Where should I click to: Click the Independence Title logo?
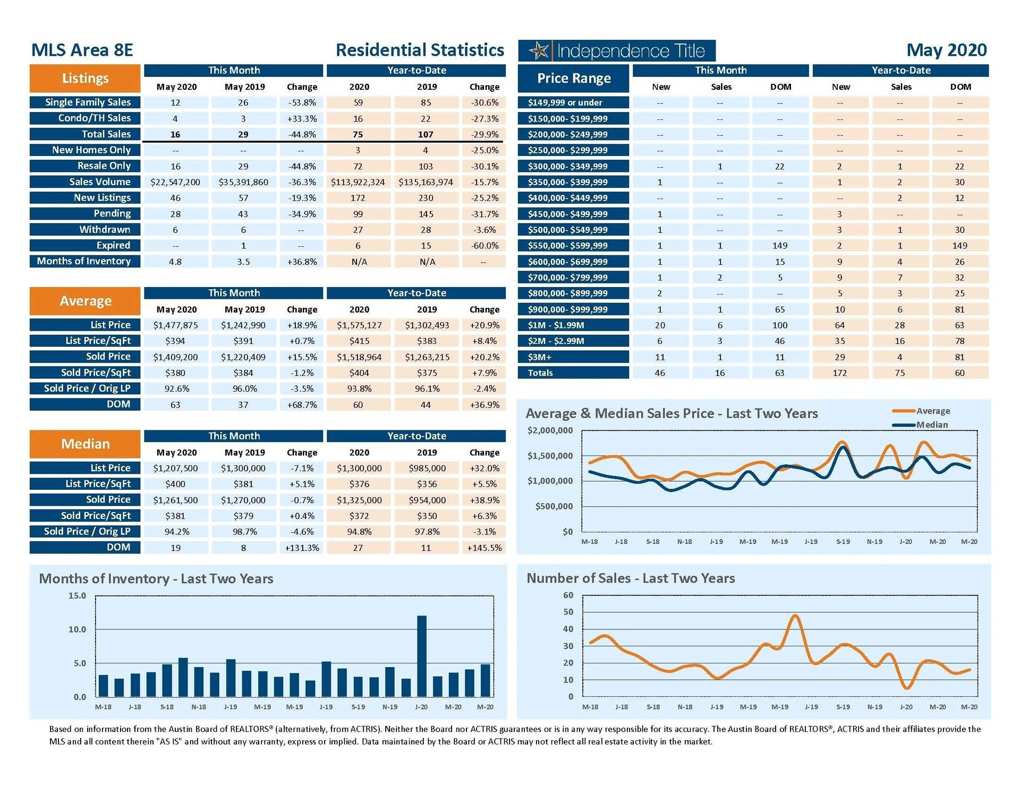(616, 51)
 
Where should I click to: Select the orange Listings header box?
(85, 79)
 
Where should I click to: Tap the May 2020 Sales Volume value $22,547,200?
(175, 182)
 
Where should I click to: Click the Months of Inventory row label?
(84, 261)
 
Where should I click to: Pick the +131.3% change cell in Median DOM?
(302, 548)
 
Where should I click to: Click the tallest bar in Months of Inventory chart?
(422, 656)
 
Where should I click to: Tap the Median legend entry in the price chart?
(931, 425)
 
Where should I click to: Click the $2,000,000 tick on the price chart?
(550, 430)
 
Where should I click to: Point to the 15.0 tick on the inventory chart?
(77, 596)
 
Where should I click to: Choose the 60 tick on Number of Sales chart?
(568, 595)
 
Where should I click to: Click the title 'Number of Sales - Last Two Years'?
(631, 578)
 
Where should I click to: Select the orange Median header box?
(85, 444)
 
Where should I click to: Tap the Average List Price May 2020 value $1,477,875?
(175, 325)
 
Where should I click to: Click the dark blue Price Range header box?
(574, 79)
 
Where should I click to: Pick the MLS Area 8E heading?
(82, 50)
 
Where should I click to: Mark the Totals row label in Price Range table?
(540, 373)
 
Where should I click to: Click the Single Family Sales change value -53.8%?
(302, 102)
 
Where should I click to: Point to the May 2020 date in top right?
(946, 50)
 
